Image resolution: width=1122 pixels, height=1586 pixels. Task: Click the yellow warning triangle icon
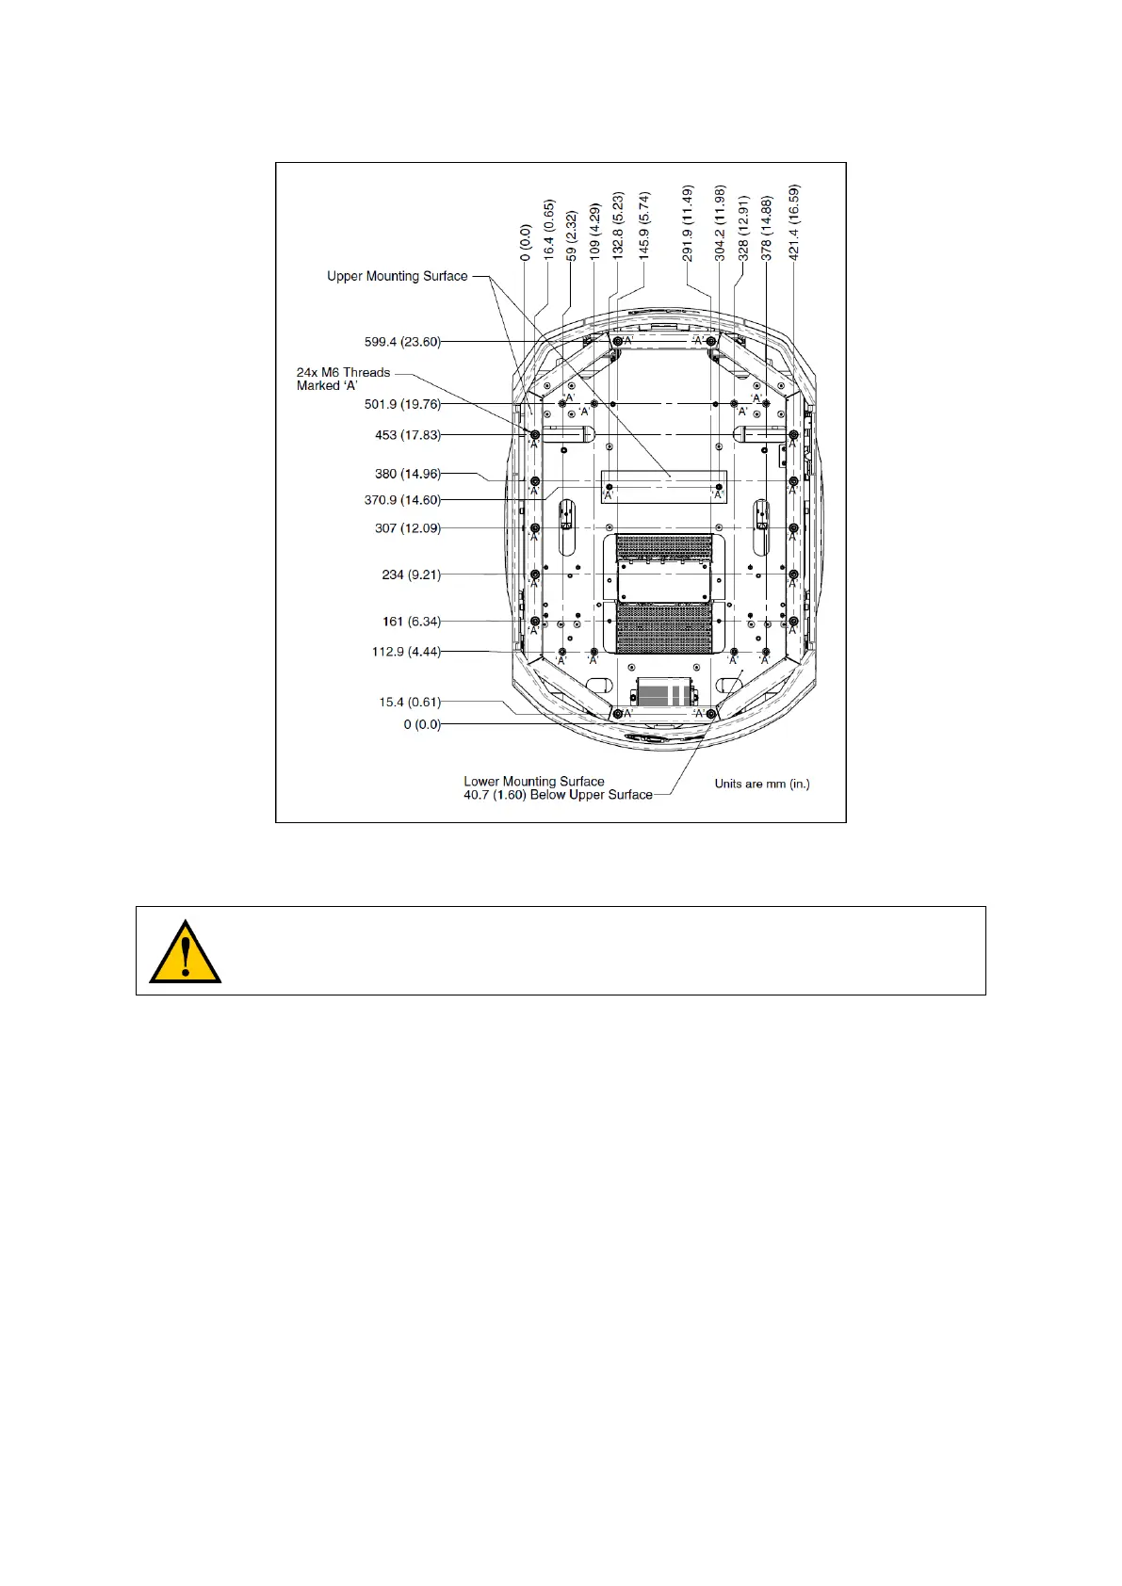coord(186,952)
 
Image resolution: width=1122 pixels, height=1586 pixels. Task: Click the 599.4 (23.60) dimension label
coord(402,342)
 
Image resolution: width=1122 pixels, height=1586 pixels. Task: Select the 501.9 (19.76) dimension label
coord(402,404)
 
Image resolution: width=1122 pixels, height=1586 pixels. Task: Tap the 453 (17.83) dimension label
coord(407,435)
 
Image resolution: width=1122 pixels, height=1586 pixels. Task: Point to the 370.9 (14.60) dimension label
coord(402,500)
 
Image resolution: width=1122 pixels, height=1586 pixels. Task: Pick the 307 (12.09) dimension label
coord(407,528)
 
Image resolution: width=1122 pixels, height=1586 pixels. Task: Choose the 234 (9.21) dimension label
coord(411,575)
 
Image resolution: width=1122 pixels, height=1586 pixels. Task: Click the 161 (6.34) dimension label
coord(411,622)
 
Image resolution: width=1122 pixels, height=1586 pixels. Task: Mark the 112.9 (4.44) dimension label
coord(406,652)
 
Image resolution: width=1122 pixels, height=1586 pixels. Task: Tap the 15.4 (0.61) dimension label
coord(410,702)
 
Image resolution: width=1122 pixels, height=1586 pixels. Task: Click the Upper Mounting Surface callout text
coord(397,276)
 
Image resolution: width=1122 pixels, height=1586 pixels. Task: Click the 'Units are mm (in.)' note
coord(761,784)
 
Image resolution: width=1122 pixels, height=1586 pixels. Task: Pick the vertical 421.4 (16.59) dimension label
coord(794,222)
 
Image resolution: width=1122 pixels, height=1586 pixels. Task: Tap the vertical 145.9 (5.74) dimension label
coord(644,226)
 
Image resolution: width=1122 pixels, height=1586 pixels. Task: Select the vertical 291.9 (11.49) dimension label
coord(688,223)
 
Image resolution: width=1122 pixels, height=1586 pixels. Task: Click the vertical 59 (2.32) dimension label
coord(572,235)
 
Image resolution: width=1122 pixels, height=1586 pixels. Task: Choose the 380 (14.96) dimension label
coord(407,474)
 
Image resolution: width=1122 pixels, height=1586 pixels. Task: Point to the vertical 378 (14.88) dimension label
coord(767,228)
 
